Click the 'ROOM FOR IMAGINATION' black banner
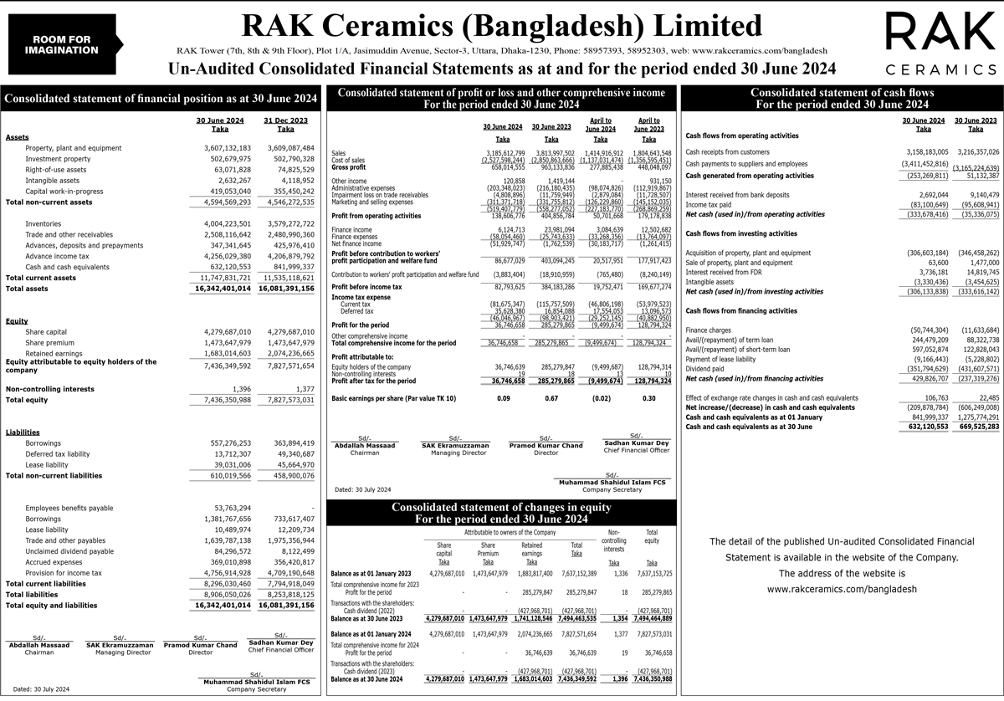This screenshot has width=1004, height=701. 62,45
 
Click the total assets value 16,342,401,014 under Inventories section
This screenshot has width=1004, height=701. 220,289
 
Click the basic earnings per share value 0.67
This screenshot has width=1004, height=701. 551,398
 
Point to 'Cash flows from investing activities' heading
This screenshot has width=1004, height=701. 741,233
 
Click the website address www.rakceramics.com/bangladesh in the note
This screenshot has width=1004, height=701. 842,589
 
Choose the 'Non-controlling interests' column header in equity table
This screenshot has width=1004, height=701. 613,540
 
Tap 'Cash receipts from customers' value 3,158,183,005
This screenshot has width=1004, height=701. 923,151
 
